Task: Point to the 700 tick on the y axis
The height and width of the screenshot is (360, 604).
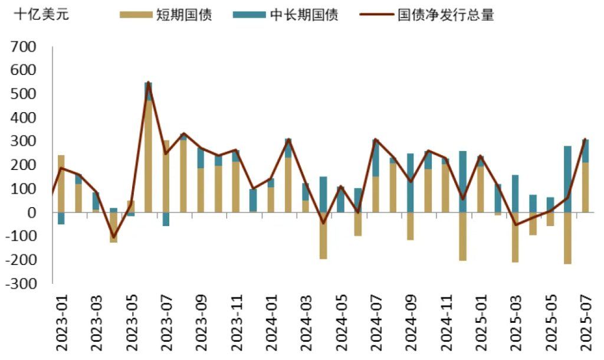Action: point(24,47)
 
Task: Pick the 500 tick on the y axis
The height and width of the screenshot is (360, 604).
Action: point(24,94)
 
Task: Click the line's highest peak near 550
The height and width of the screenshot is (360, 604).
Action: point(149,83)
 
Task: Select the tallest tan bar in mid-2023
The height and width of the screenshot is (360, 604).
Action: point(149,156)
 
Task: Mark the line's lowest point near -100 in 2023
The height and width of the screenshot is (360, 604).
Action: point(113,237)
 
